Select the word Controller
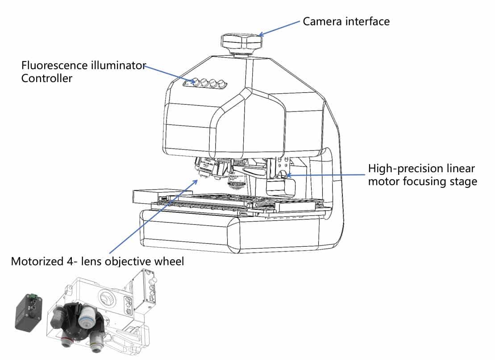47,79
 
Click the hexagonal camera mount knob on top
241,42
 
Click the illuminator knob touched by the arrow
195,82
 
